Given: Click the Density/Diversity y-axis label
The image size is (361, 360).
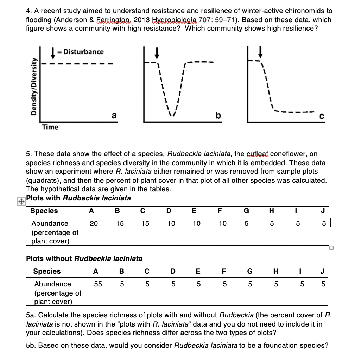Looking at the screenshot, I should (x=34, y=86).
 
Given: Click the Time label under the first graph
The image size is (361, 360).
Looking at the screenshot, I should (x=50, y=127).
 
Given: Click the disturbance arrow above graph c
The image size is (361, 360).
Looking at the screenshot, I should (x=260, y=52).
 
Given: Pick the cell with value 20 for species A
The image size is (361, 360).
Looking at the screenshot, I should (x=94, y=223).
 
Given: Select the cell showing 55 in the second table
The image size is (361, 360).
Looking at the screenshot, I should (x=98, y=284).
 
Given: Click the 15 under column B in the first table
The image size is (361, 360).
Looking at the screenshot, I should (x=120, y=223).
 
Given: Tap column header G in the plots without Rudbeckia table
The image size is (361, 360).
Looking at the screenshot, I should (x=250, y=271).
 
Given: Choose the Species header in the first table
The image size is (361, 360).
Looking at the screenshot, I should (x=44, y=211).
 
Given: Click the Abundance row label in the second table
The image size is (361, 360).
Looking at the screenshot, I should (x=52, y=284).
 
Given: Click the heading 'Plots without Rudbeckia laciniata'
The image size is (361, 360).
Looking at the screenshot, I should (x=84, y=259).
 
